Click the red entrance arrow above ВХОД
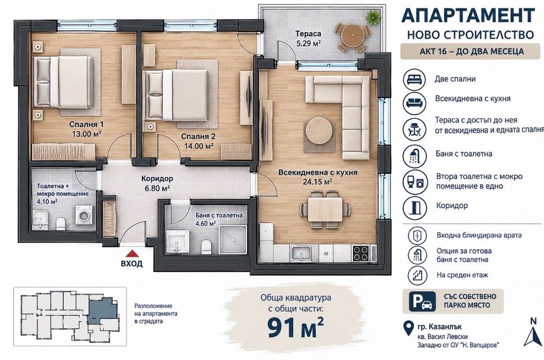[132, 253]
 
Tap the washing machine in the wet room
[84, 215]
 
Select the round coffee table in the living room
[319, 131]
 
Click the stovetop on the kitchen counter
[361, 253]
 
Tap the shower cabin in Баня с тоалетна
[233, 239]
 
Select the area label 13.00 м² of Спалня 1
[86, 134]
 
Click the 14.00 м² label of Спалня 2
[199, 146]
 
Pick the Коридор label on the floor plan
[157, 178]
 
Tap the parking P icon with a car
[422, 301]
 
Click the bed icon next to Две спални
[414, 79]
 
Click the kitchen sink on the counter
[300, 253]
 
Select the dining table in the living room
[325, 210]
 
